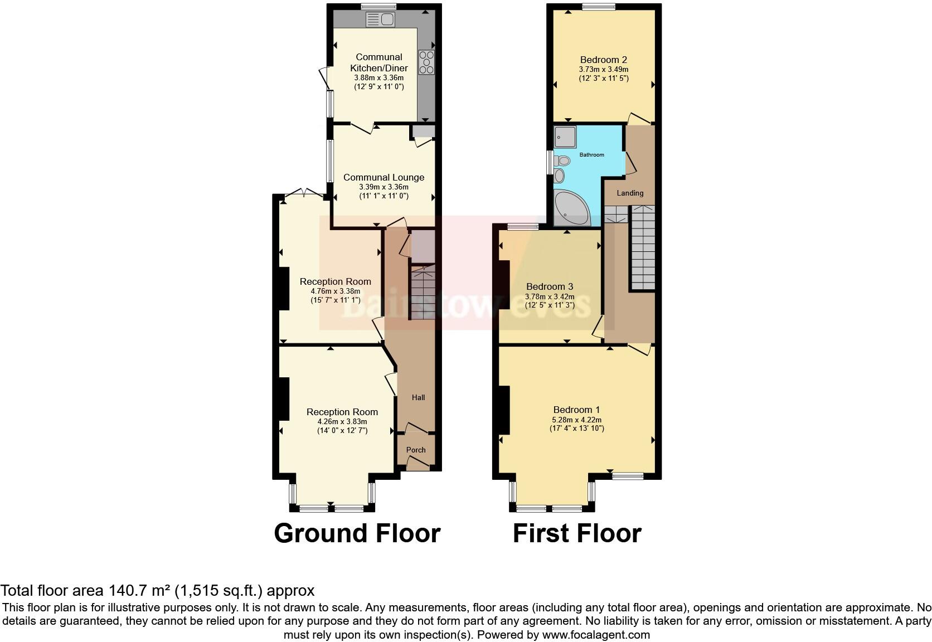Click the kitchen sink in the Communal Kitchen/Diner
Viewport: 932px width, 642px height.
[380, 20]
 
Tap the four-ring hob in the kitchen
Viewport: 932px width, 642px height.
[426, 62]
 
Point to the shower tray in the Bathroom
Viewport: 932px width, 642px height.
[565, 137]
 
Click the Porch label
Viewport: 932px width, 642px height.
[416, 450]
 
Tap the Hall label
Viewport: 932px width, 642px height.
[418, 397]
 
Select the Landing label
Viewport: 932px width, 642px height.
[630, 193]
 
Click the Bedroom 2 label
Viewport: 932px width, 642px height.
[604, 60]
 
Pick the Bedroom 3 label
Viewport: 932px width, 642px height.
[550, 286]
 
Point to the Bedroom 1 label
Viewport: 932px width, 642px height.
[576, 410]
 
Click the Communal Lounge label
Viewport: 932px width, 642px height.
[384, 177]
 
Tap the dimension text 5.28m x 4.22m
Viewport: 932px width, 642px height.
[576, 420]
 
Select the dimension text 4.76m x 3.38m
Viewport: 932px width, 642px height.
[335, 291]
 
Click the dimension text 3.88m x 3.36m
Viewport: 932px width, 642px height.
[378, 78]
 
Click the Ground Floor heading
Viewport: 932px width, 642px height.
[357, 533]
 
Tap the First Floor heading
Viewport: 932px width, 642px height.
[577, 533]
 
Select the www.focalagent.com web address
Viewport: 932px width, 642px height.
[596, 635]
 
